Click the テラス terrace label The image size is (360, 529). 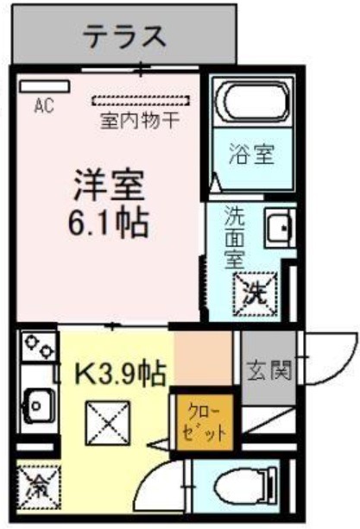coord(124,36)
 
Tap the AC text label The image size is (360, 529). coord(44,107)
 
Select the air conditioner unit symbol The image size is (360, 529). coord(43,86)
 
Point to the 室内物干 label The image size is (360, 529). coord(140,120)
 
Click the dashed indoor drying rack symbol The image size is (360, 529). coord(139,100)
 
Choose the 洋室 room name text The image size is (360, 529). coord(107,185)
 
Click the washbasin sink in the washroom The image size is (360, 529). coord(281,228)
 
